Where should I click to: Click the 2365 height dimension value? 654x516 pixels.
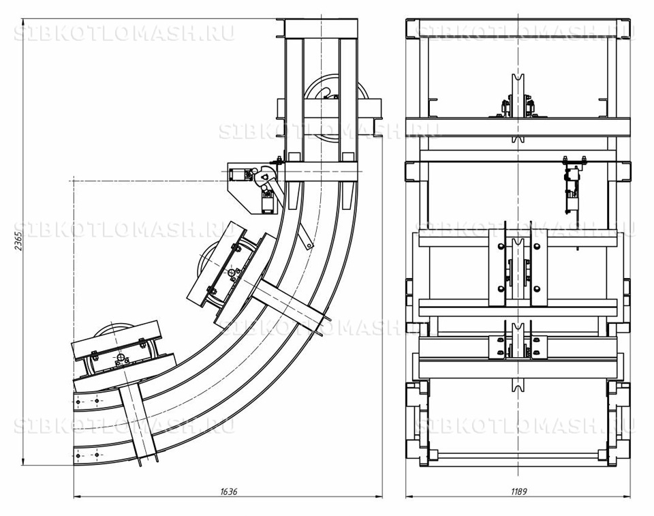tap(18, 240)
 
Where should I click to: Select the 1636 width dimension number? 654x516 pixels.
tap(228, 491)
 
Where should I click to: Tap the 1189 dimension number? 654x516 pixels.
tap(518, 491)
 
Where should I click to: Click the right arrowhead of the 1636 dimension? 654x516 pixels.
tap(379, 497)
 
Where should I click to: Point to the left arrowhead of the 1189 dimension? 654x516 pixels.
tap(409, 497)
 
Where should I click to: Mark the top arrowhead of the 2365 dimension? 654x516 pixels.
tap(22, 22)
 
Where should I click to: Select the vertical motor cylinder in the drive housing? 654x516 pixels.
tap(267, 202)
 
